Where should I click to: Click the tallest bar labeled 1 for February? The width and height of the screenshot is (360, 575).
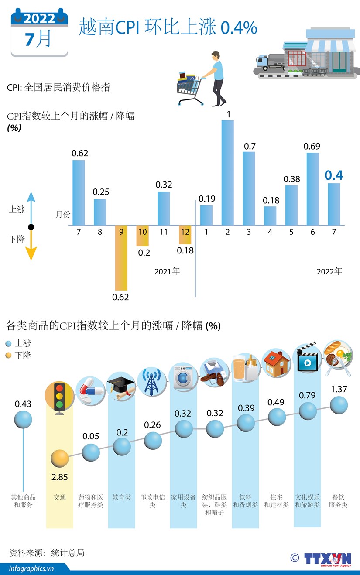pyautogui.click(x=228, y=172)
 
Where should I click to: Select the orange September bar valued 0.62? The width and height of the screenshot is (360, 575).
pyautogui.click(x=121, y=257)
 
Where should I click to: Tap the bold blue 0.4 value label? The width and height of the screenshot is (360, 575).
pyautogui.click(x=334, y=175)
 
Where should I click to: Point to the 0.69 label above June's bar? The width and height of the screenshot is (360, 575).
pyautogui.click(x=312, y=146)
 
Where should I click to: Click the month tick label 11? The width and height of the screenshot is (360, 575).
pyautogui.click(x=164, y=232)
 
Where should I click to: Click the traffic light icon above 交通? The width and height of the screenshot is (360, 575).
pyautogui.click(x=59, y=395)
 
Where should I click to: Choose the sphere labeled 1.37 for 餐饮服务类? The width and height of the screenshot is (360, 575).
pyautogui.click(x=339, y=405)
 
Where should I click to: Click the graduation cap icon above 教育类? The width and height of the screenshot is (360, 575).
pyautogui.click(x=121, y=386)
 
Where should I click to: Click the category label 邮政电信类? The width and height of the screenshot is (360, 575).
pyautogui.click(x=152, y=501)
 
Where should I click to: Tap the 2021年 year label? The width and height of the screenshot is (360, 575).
pyautogui.click(x=167, y=271)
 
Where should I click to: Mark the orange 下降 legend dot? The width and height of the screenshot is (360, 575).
pyautogui.click(x=9, y=356)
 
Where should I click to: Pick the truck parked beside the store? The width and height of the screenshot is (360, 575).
pyautogui.click(x=268, y=62)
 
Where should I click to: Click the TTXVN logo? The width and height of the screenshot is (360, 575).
pyautogui.click(x=327, y=559)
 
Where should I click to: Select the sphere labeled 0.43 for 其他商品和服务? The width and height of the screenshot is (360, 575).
pyautogui.click(x=23, y=420)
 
